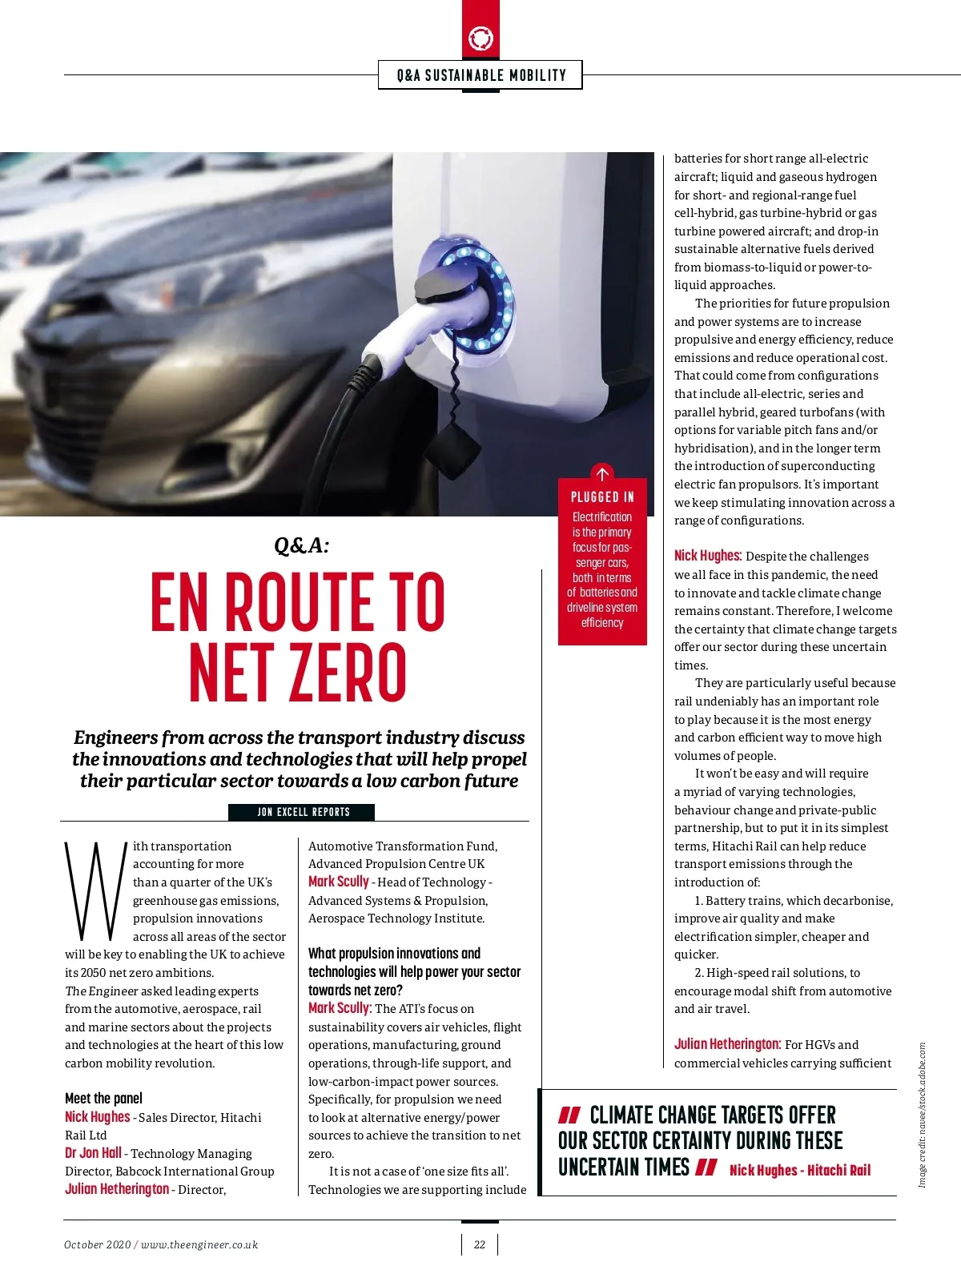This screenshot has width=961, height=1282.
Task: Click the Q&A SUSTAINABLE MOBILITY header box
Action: pos(480,75)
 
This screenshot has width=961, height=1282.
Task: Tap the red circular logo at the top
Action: pos(480,38)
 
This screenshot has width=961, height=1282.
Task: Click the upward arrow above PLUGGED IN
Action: pos(602,473)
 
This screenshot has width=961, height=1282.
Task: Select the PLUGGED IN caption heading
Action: pos(602,496)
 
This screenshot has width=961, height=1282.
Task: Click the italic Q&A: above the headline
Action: pos(301,545)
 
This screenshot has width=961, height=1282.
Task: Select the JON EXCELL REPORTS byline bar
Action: pos(303,812)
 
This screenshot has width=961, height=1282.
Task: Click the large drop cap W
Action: pos(94,890)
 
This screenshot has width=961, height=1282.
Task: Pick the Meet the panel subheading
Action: pos(103,1099)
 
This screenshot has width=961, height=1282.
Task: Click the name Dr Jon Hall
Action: pos(93,1153)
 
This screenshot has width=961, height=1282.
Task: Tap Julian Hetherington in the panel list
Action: pos(117,1189)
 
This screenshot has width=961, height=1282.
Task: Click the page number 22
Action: pos(480,1244)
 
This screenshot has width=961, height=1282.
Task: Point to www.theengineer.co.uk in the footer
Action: pos(199,1244)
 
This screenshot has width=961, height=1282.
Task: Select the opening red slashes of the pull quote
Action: pos(569,1115)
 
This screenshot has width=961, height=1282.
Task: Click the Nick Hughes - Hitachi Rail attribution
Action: pos(799,1170)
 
